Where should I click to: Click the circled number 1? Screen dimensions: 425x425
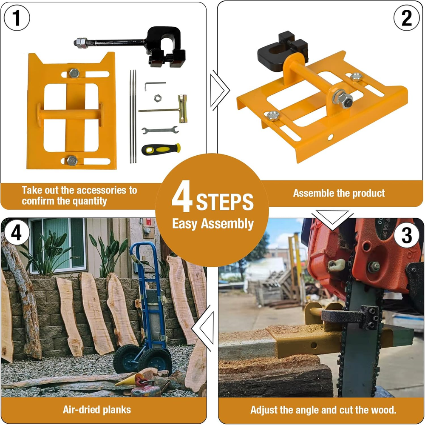click(17, 18)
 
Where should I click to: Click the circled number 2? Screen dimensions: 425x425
click(407, 18)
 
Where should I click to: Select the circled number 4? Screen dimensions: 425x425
click(16, 233)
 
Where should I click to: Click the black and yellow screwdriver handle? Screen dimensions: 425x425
click(161, 149)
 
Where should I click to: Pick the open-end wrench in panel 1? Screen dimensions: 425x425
click(160, 130)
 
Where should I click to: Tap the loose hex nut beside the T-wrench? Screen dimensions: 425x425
click(158, 98)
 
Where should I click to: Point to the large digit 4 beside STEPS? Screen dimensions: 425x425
click(182, 196)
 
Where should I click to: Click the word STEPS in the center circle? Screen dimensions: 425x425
click(225, 202)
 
